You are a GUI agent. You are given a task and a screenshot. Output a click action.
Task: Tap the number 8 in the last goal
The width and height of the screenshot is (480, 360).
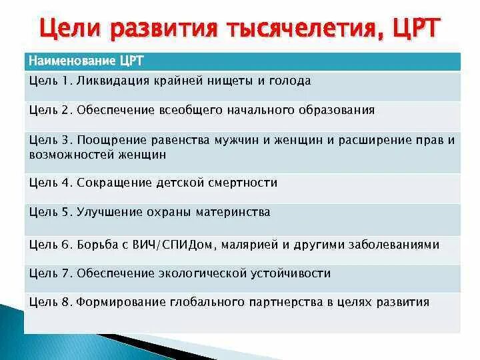click(x=65, y=302)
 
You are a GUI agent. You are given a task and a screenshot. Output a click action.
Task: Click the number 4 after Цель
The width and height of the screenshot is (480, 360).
click(x=65, y=183)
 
